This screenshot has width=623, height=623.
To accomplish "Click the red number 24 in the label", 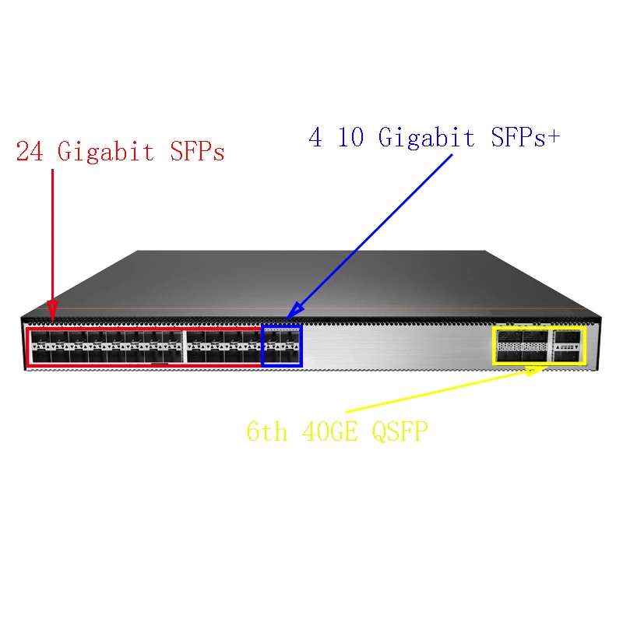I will (x=29, y=151).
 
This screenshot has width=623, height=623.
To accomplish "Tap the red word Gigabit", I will (x=106, y=151).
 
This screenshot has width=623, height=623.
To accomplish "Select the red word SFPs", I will (x=197, y=151).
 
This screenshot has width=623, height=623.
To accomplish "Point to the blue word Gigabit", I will (x=426, y=138).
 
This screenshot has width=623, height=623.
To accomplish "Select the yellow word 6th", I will (x=267, y=431).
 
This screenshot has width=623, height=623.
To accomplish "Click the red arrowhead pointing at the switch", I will (x=52, y=314).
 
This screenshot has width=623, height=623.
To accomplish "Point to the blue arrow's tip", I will (x=290, y=317).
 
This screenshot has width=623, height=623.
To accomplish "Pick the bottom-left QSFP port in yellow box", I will (x=509, y=356).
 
